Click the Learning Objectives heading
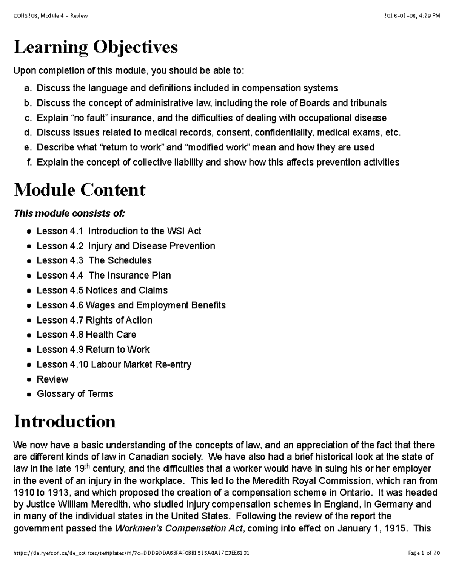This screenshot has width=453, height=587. [96, 48]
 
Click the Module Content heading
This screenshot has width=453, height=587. [79, 190]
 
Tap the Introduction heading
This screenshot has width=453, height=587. [65, 421]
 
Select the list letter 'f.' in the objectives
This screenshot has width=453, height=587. [29, 163]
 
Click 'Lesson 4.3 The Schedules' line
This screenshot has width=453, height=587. [94, 260]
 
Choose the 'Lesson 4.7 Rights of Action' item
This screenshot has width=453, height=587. [94, 320]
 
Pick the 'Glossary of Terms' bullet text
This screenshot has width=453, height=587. [75, 394]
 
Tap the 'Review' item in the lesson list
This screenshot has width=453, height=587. [52, 379]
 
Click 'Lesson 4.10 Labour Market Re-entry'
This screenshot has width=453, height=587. [114, 364]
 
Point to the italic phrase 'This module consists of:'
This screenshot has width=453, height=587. [69, 214]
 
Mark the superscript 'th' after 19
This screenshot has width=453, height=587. [87, 466]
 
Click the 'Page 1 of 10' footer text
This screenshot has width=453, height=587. [424, 553]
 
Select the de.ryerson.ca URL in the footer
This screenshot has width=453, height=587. [131, 553]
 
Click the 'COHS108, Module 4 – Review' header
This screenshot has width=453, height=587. [50, 16]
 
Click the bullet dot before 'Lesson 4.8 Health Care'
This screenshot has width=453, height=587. [29, 335]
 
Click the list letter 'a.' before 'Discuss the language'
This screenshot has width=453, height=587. [28, 88]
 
